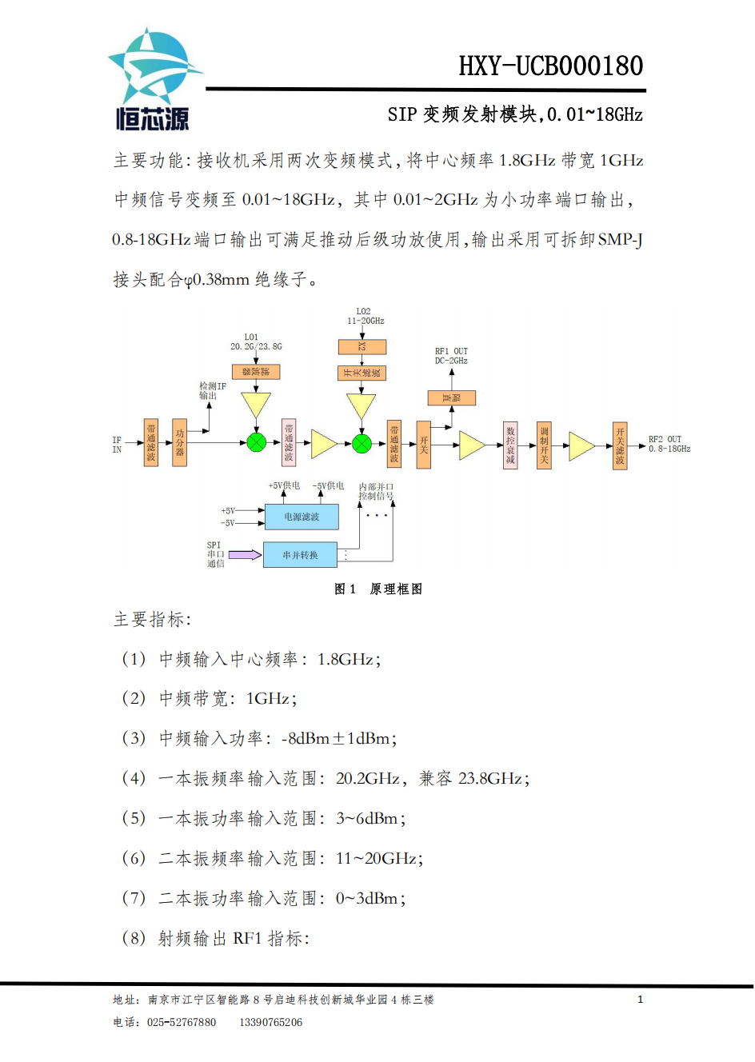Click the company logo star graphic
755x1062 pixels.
pos(154,68)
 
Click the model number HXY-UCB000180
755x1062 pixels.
pos(550,66)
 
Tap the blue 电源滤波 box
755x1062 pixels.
pos(302,517)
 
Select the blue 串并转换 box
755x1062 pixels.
pos(300,555)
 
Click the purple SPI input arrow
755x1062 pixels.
pos(245,554)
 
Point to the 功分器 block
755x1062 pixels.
pos(180,442)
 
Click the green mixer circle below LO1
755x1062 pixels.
pos(256,442)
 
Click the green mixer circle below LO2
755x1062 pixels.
pos(362,442)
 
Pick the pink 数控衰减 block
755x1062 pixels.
pos(510,445)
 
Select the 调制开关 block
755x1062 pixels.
pos(544,445)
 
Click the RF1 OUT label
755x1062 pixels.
pos(451,356)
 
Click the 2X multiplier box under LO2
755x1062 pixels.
pos(362,346)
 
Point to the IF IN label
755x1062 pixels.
pos(117,445)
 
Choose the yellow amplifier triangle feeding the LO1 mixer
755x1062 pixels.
pos(256,405)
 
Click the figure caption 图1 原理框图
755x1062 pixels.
pos(377,589)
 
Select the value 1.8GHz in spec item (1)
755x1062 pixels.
pos(346,659)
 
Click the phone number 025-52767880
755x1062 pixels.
pos(181,1022)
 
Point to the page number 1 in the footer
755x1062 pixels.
pos(640,999)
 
